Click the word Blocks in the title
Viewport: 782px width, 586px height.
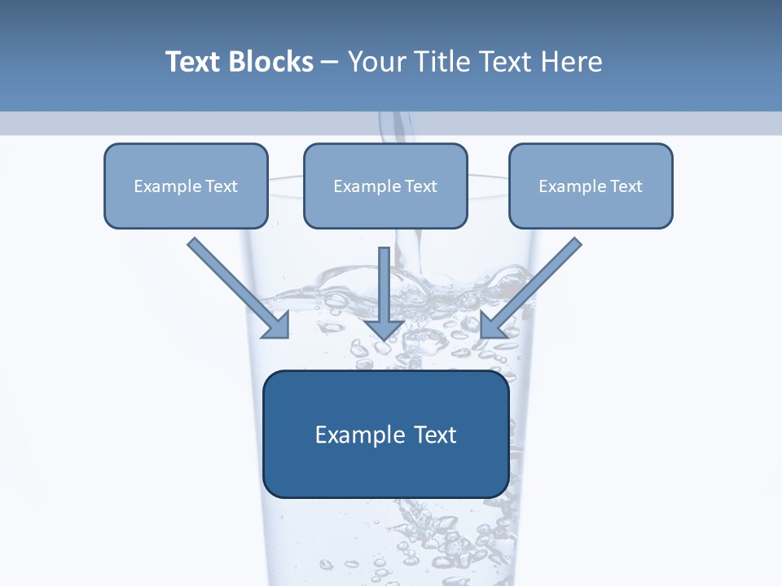tap(270, 62)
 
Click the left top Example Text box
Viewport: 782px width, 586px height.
tap(186, 186)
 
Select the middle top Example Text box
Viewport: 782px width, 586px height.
tap(385, 186)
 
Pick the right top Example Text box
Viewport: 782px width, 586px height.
tap(591, 186)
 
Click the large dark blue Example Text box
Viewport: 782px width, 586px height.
tap(386, 434)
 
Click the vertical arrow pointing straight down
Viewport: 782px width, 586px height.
tap(384, 289)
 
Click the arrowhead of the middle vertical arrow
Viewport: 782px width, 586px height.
tap(384, 329)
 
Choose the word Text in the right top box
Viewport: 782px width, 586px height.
tap(626, 186)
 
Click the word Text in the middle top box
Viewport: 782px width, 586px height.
tap(421, 186)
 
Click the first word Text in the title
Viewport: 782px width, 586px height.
tap(193, 62)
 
